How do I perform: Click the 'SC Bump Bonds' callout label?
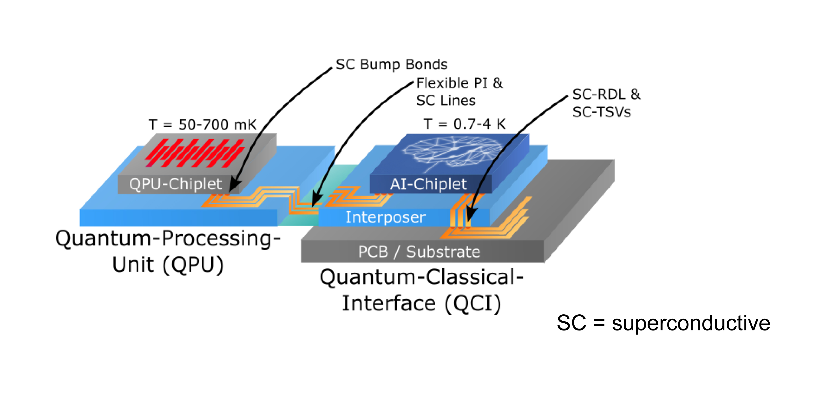[391, 64]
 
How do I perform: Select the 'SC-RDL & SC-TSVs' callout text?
[606, 103]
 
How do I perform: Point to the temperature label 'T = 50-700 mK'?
[202, 125]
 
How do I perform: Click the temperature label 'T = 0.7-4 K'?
[464, 124]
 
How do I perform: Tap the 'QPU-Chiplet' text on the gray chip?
[175, 184]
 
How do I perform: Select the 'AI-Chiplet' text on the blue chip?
[428, 184]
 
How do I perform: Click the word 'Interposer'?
[385, 218]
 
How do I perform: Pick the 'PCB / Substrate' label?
[419, 252]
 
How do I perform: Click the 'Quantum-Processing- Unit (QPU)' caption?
[168, 251]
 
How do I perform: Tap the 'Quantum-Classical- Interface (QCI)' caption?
[421, 290]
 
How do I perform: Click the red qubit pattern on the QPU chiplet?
[195, 153]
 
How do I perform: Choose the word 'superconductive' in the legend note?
[691, 323]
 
